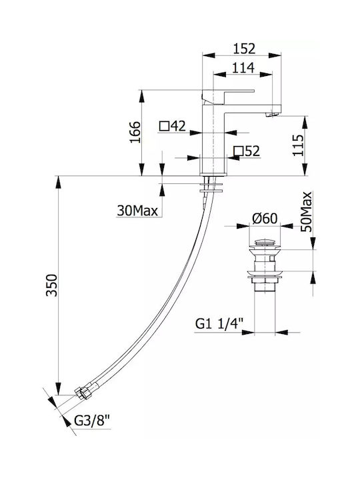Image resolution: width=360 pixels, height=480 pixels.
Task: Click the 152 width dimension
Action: click(x=244, y=49)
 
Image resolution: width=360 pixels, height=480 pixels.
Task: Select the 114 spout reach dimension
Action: click(x=243, y=68)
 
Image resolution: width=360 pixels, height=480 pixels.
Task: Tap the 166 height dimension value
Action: click(x=135, y=132)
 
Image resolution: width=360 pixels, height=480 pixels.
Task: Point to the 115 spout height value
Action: click(x=298, y=145)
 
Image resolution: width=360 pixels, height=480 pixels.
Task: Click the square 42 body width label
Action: click(x=173, y=126)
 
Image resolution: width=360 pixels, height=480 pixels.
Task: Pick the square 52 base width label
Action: click(x=247, y=151)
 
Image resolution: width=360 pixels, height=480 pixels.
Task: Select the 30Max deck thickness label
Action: click(x=137, y=211)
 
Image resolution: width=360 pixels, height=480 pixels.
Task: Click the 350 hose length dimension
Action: click(x=51, y=285)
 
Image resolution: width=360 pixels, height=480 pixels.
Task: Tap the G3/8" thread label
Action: click(x=92, y=421)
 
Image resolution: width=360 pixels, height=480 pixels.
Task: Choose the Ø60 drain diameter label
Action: click(x=265, y=219)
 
